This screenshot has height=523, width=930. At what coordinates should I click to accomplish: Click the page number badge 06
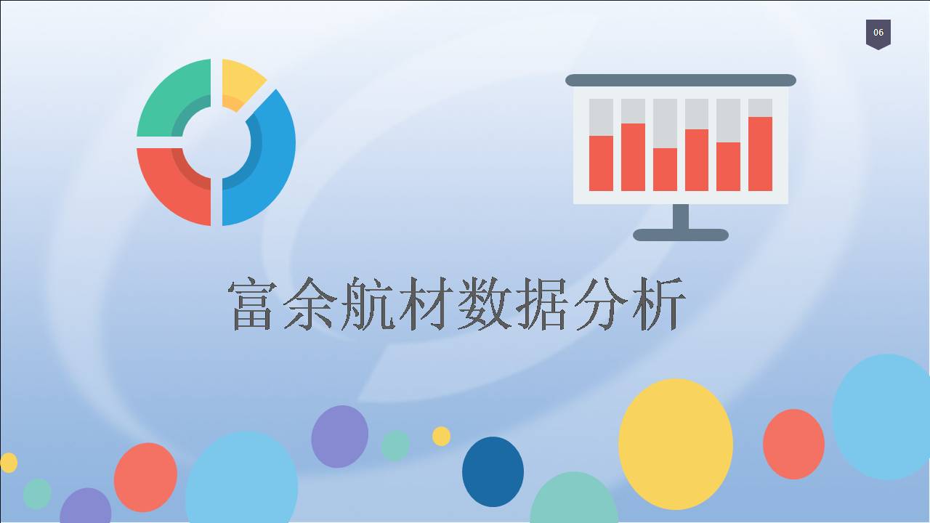pyautogui.click(x=878, y=34)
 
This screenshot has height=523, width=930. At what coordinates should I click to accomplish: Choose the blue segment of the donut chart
pyautogui.click(x=274, y=158)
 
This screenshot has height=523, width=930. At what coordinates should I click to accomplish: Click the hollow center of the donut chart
pyautogui.click(x=217, y=142)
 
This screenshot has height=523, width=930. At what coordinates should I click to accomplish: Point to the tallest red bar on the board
pyautogui.click(x=760, y=154)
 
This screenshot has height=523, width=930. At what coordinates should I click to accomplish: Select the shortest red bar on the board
pyautogui.click(x=665, y=170)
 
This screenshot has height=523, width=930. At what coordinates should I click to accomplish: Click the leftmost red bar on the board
pyautogui.click(x=601, y=163)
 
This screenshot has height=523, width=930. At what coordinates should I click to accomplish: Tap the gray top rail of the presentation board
pyautogui.click(x=681, y=80)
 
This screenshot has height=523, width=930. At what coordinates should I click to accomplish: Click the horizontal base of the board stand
pyautogui.click(x=681, y=235)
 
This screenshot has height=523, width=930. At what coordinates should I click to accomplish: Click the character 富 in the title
pyautogui.click(x=252, y=304)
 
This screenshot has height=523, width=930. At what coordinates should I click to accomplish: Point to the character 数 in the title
pyautogui.click(x=485, y=304)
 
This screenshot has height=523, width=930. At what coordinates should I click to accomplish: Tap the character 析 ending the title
pyautogui.click(x=658, y=304)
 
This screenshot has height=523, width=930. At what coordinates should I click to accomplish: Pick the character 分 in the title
pyautogui.click(x=601, y=304)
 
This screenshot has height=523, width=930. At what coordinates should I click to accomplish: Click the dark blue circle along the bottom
pyautogui.click(x=493, y=471)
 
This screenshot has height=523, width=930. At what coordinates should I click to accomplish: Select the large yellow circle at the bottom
pyautogui.click(x=676, y=444)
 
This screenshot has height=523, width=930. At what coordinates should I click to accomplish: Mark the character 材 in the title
pyautogui.click(x=426, y=304)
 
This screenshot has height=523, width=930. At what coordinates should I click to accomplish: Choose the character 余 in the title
pyautogui.click(x=310, y=304)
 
